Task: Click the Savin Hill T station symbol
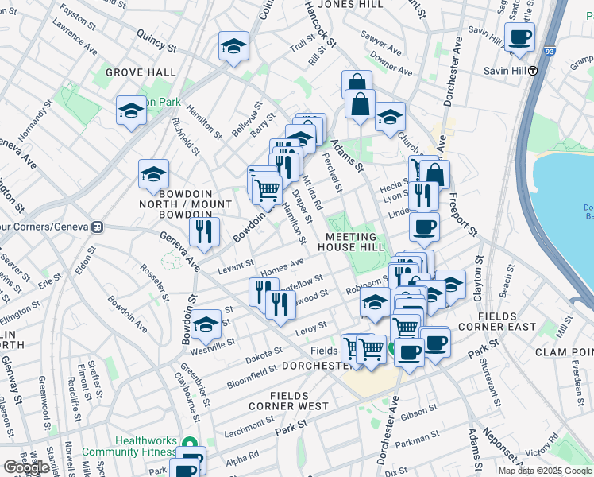pyautogui.click(x=534, y=70)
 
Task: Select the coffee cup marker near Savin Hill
pyautogui.click(x=519, y=37)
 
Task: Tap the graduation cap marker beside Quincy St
pyautogui.click(x=233, y=47)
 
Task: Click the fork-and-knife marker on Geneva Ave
pyautogui.click(x=205, y=232)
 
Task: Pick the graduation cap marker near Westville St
pyautogui.click(x=206, y=325)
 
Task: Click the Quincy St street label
pyautogui.click(x=156, y=41)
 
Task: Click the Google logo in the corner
pyautogui.click(x=26, y=467)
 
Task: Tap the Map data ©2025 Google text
pyautogui.click(x=545, y=471)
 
